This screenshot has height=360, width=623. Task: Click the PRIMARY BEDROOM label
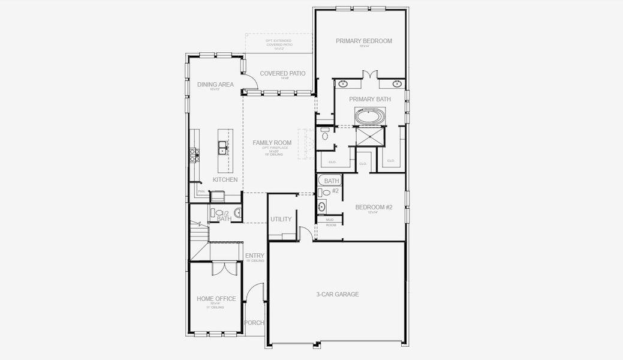363,41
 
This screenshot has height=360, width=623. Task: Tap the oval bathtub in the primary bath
369,115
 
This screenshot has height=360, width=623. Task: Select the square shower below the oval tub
369,136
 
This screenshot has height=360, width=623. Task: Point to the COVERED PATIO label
282,74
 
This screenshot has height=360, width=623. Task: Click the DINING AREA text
215,85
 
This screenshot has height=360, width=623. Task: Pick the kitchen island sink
222,147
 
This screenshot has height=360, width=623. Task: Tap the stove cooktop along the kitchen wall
194,155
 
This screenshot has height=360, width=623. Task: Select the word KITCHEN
225,180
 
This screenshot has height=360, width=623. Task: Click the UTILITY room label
281,220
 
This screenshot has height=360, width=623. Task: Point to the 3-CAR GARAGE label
337,295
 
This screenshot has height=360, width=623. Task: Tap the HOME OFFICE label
216,299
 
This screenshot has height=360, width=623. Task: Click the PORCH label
254,323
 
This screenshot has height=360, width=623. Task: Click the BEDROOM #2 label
374,208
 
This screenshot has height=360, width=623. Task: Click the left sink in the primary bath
344,83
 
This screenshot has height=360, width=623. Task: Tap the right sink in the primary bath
396,83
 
